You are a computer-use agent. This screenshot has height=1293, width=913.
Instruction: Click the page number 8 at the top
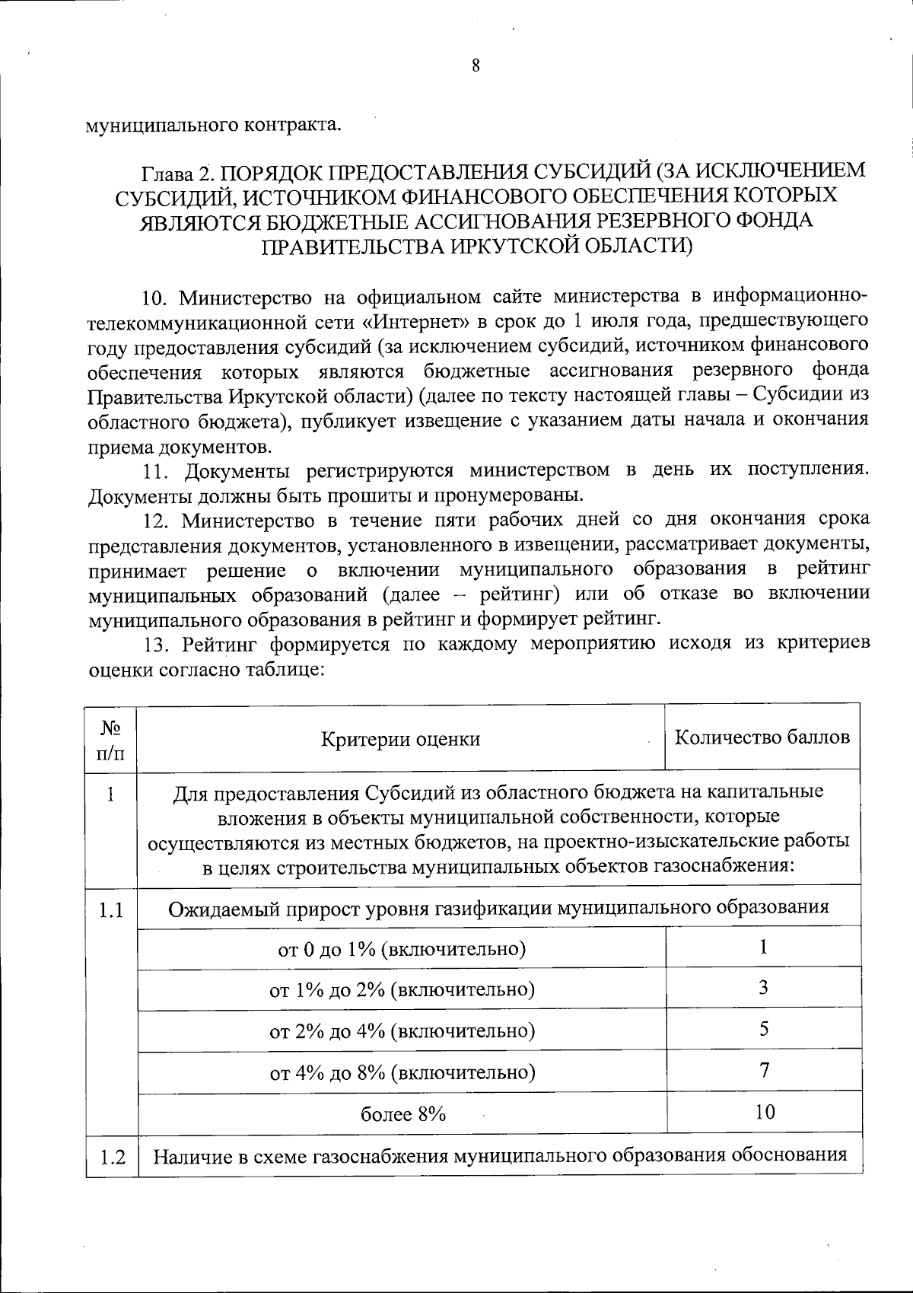pos(476,65)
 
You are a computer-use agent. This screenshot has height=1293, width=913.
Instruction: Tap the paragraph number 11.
pos(157,471)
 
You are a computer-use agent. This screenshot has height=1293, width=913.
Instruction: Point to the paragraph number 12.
pos(157,521)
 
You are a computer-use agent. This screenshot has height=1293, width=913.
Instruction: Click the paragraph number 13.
pos(157,645)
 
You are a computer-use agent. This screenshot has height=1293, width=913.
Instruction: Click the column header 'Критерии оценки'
pos(400,739)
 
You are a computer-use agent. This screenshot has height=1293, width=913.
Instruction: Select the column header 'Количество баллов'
pos(762,737)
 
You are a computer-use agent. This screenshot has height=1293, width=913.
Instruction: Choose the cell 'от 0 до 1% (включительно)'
pos(402,949)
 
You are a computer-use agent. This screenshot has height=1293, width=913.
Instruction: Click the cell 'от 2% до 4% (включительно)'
pos(402,1031)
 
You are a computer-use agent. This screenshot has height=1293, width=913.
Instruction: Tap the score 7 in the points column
pos(764,1070)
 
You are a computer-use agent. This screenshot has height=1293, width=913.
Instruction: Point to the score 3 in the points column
pos(764,988)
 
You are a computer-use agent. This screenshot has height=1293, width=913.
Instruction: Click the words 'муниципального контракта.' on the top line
pos(213,124)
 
